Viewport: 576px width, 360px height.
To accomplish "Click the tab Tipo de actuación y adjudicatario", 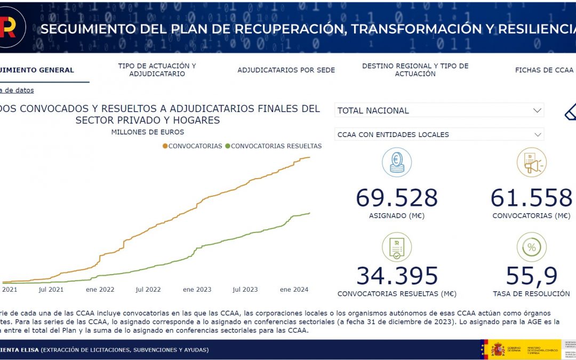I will [x=157, y=70].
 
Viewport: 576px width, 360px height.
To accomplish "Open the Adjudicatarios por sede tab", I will [x=286, y=70].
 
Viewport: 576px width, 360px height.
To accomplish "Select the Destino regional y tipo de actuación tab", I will [x=415, y=70].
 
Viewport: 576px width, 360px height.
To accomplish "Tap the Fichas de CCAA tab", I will [x=544, y=70].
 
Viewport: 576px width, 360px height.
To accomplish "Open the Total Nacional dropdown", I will [x=439, y=110].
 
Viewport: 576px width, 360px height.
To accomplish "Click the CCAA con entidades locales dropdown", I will [x=439, y=134].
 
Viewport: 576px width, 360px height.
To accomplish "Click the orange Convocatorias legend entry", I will [x=193, y=146].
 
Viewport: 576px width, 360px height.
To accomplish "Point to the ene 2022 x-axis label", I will [x=100, y=290].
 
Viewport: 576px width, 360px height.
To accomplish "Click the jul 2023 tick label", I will [x=245, y=290].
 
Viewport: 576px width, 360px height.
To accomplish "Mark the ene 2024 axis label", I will [x=294, y=290].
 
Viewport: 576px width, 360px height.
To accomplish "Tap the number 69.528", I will [x=396, y=198].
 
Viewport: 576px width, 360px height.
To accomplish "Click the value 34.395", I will [x=397, y=276].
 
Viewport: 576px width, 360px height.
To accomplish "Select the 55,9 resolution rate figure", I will [x=531, y=276].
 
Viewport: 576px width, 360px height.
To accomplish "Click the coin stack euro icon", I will [x=397, y=162].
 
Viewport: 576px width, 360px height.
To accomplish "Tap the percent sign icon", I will [x=531, y=247].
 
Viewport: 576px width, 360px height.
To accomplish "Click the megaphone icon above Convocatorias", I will [x=531, y=162].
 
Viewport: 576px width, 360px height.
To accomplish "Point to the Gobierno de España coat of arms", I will [x=497, y=350].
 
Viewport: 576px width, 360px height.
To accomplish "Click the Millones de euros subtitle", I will [x=148, y=132].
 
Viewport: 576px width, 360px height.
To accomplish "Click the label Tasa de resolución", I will [x=531, y=294].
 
